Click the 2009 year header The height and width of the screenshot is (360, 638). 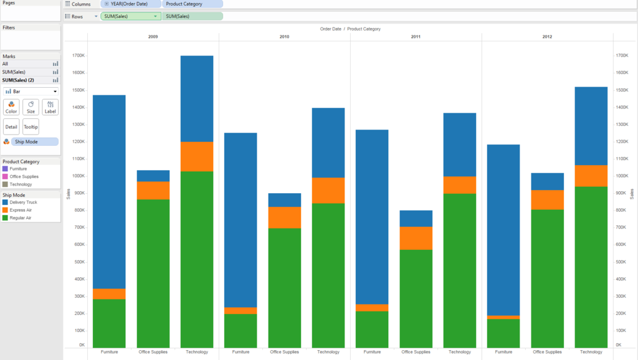(x=153, y=37)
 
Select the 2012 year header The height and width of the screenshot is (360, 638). (x=547, y=37)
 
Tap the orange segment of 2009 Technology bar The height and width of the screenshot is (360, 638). (x=197, y=156)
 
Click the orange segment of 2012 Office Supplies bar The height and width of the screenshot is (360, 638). (x=548, y=200)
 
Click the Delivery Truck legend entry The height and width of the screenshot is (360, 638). (x=23, y=202)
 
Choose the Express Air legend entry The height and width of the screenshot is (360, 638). (x=21, y=210)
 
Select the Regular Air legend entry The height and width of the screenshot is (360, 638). (x=21, y=218)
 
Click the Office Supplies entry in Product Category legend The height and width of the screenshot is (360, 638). (x=24, y=176)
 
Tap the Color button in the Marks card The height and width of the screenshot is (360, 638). (x=11, y=107)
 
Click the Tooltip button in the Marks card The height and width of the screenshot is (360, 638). (x=31, y=126)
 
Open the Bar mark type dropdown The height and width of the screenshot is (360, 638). (x=31, y=92)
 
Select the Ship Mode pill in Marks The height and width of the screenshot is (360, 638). (x=34, y=142)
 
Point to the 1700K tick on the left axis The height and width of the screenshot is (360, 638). (x=79, y=55)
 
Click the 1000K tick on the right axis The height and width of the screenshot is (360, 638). (x=622, y=176)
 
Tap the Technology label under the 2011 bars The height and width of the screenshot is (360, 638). (x=460, y=352)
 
